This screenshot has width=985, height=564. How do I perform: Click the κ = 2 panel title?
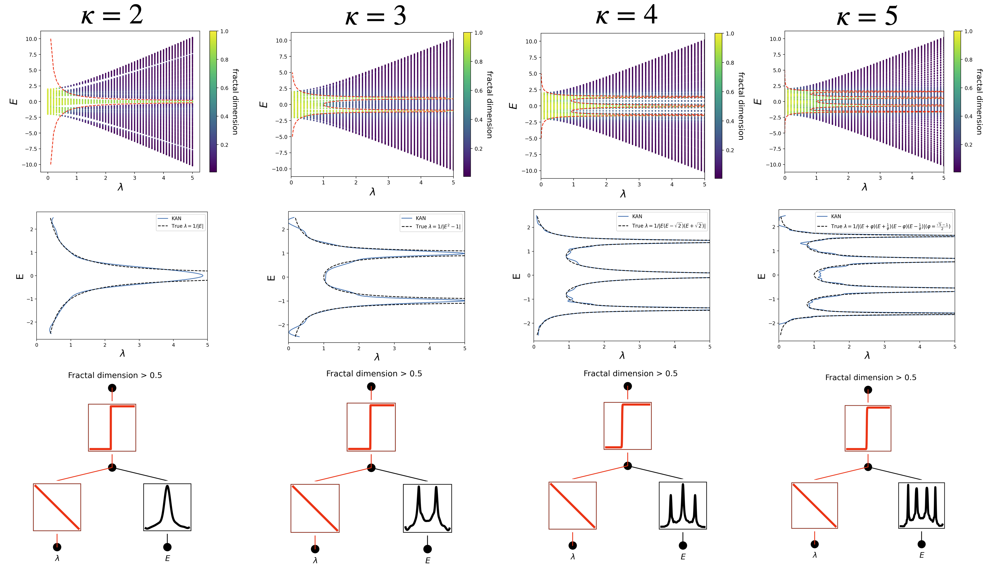pos(112,15)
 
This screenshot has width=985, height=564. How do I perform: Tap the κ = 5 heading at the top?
pos(867,16)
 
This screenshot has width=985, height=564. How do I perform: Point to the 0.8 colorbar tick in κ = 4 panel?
pos(730,63)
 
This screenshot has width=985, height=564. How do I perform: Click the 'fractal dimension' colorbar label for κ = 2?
pos(235,102)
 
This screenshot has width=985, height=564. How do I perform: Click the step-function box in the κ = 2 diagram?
pos(112,427)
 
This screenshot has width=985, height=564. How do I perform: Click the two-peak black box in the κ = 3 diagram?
pos(427,508)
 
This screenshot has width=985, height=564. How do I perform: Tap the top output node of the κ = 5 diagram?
pos(868,390)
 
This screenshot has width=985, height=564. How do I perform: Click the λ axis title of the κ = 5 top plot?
pos(864,187)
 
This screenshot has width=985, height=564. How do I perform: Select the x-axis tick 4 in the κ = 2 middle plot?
pos(173,345)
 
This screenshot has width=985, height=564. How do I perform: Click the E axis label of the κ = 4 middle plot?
pos(516,276)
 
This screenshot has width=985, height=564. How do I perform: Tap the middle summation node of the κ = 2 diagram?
pos(112,467)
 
